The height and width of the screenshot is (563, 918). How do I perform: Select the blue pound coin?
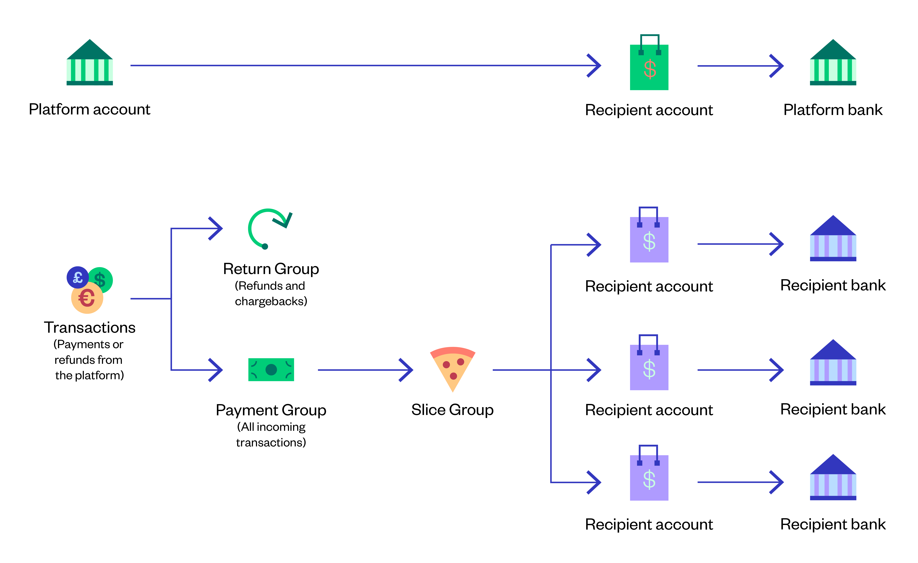point(77,277)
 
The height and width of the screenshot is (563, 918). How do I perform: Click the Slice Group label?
point(452,410)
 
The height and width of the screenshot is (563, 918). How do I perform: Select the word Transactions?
point(89,327)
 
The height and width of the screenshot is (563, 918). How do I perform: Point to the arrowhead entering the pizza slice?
point(407,370)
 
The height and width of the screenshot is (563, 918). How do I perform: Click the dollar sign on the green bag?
point(650,69)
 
